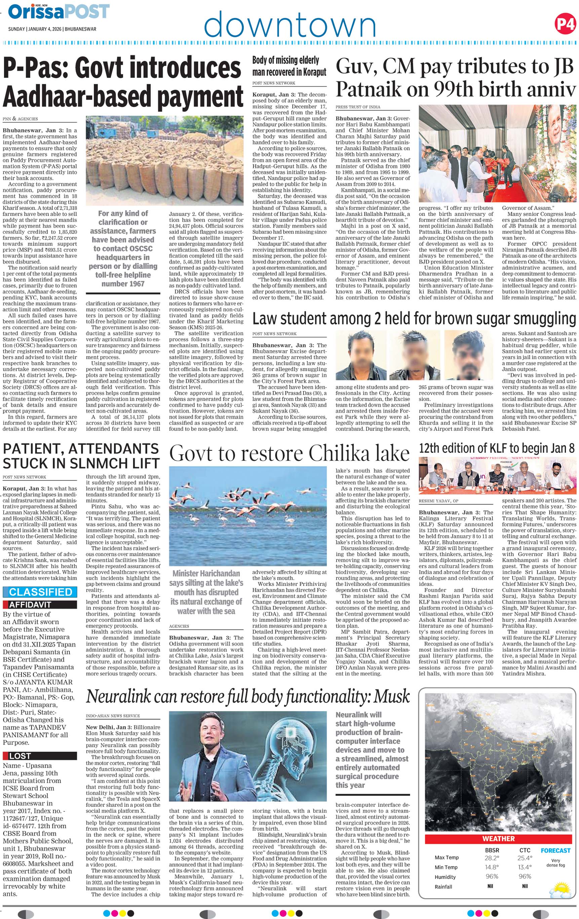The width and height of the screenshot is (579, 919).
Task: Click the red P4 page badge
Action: (x=565, y=24)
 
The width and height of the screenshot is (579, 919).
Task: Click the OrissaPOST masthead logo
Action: (x=59, y=12)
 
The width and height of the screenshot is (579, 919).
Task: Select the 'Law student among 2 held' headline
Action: (x=414, y=318)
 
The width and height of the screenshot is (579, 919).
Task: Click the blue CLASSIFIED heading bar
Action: (x=40, y=592)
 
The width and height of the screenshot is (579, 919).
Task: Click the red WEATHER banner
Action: (x=498, y=838)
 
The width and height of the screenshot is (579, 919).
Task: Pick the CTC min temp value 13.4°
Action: (x=525, y=867)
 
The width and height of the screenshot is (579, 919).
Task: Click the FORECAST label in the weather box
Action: (x=555, y=850)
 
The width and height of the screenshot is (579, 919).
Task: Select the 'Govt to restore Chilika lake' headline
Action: (x=289, y=454)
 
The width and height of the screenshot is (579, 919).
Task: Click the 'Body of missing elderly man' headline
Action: (x=289, y=66)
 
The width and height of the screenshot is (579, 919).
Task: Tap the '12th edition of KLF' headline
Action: (x=497, y=448)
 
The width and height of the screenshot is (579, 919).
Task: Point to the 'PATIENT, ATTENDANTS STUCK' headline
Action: (x=81, y=456)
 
